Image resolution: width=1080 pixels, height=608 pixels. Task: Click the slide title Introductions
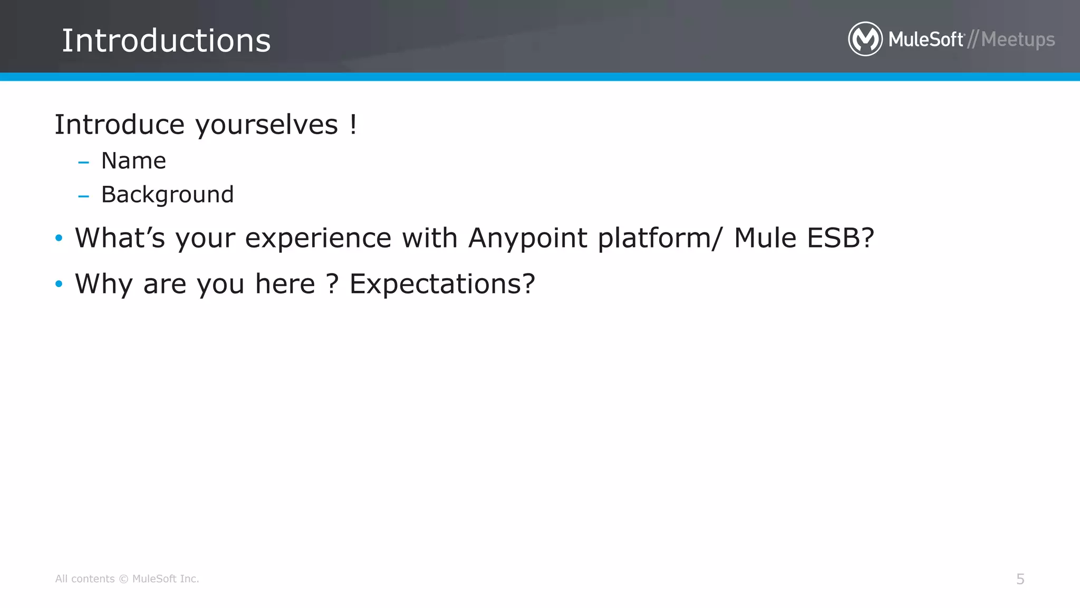(166, 41)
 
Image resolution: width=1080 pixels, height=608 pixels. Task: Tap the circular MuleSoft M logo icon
(865, 39)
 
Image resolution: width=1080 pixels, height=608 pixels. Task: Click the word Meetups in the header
(1018, 40)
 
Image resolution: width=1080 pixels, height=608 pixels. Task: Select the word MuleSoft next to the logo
(926, 40)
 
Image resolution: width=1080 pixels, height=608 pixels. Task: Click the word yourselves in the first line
(266, 126)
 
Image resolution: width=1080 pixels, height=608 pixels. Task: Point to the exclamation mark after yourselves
(353, 125)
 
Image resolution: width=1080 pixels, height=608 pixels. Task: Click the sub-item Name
(133, 160)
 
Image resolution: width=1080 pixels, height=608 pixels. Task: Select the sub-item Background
(167, 195)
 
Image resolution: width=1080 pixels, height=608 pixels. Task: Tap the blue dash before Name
(83, 162)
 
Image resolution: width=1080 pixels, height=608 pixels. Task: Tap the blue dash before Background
(83, 196)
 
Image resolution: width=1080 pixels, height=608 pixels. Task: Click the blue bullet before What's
(59, 239)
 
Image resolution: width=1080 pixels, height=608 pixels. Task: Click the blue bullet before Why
(59, 284)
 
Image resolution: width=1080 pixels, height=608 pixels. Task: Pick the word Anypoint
(527, 239)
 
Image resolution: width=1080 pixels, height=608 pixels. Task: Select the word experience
(318, 239)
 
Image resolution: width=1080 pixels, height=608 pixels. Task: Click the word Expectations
(442, 284)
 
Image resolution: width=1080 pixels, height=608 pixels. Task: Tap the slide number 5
(1020, 579)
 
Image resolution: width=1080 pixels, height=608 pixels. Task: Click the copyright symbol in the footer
(123, 579)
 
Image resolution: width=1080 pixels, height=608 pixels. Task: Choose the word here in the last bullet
(285, 284)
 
